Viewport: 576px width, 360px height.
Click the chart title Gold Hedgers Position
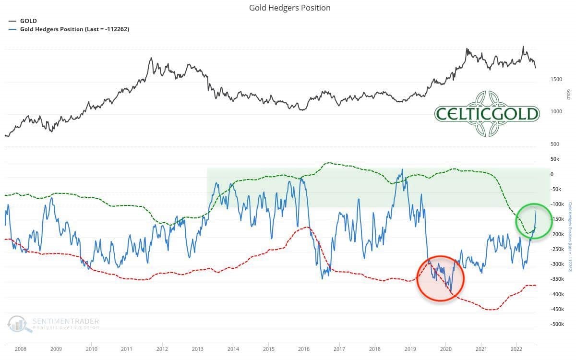point(289,8)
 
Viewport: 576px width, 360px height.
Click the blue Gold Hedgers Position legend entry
point(74,29)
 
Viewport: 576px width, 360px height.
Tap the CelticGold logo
point(487,114)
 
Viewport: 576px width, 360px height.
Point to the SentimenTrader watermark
point(53,323)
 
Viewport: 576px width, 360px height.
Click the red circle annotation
point(440,278)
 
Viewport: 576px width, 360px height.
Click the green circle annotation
point(534,221)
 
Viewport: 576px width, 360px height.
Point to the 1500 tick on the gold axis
point(556,79)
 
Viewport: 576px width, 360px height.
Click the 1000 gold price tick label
point(556,112)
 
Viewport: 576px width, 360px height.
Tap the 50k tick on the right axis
point(555,159)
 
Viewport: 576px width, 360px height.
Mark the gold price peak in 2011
point(151,59)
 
